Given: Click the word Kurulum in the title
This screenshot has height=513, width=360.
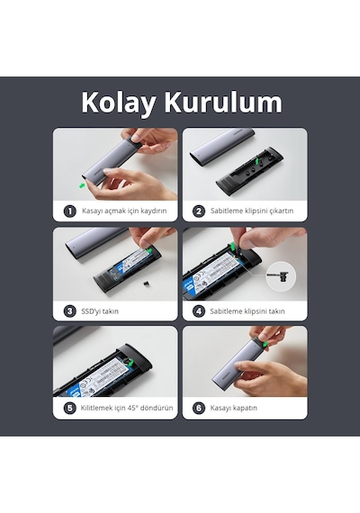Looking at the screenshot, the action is pyautogui.click(x=223, y=102).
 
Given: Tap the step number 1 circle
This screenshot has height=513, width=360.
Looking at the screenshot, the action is pyautogui.click(x=69, y=211).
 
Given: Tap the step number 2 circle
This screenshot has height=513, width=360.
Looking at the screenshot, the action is pyautogui.click(x=199, y=211).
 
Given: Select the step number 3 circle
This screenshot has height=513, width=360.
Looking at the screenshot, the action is pyautogui.click(x=69, y=310).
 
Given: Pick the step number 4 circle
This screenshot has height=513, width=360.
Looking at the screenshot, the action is pyautogui.click(x=199, y=310).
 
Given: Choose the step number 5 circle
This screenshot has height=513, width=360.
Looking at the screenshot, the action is pyautogui.click(x=69, y=408).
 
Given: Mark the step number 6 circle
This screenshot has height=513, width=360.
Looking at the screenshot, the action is pyautogui.click(x=199, y=408).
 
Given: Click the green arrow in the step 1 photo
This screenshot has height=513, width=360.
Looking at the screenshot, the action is pyautogui.click(x=82, y=185).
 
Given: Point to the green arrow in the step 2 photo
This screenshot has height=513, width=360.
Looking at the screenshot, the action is pyautogui.click(x=258, y=160).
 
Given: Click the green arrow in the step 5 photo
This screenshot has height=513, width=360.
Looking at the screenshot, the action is pyautogui.click(x=130, y=362).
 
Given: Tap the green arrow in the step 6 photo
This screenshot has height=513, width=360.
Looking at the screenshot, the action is pyautogui.click(x=265, y=344).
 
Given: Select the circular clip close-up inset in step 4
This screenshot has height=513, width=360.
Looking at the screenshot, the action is pyautogui.click(x=281, y=277).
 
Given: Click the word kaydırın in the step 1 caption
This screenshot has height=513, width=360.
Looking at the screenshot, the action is pyautogui.click(x=154, y=211).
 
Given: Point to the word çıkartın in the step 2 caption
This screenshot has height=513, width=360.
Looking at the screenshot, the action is pyautogui.click(x=282, y=211).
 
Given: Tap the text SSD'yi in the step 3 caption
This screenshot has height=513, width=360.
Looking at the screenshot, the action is pyautogui.click(x=90, y=311).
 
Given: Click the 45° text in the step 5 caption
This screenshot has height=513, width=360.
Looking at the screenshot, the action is pyautogui.click(x=133, y=408).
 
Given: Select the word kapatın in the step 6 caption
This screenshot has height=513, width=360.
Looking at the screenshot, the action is pyautogui.click(x=246, y=409).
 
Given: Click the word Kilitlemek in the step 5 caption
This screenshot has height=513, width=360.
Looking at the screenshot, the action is pyautogui.click(x=95, y=408).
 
